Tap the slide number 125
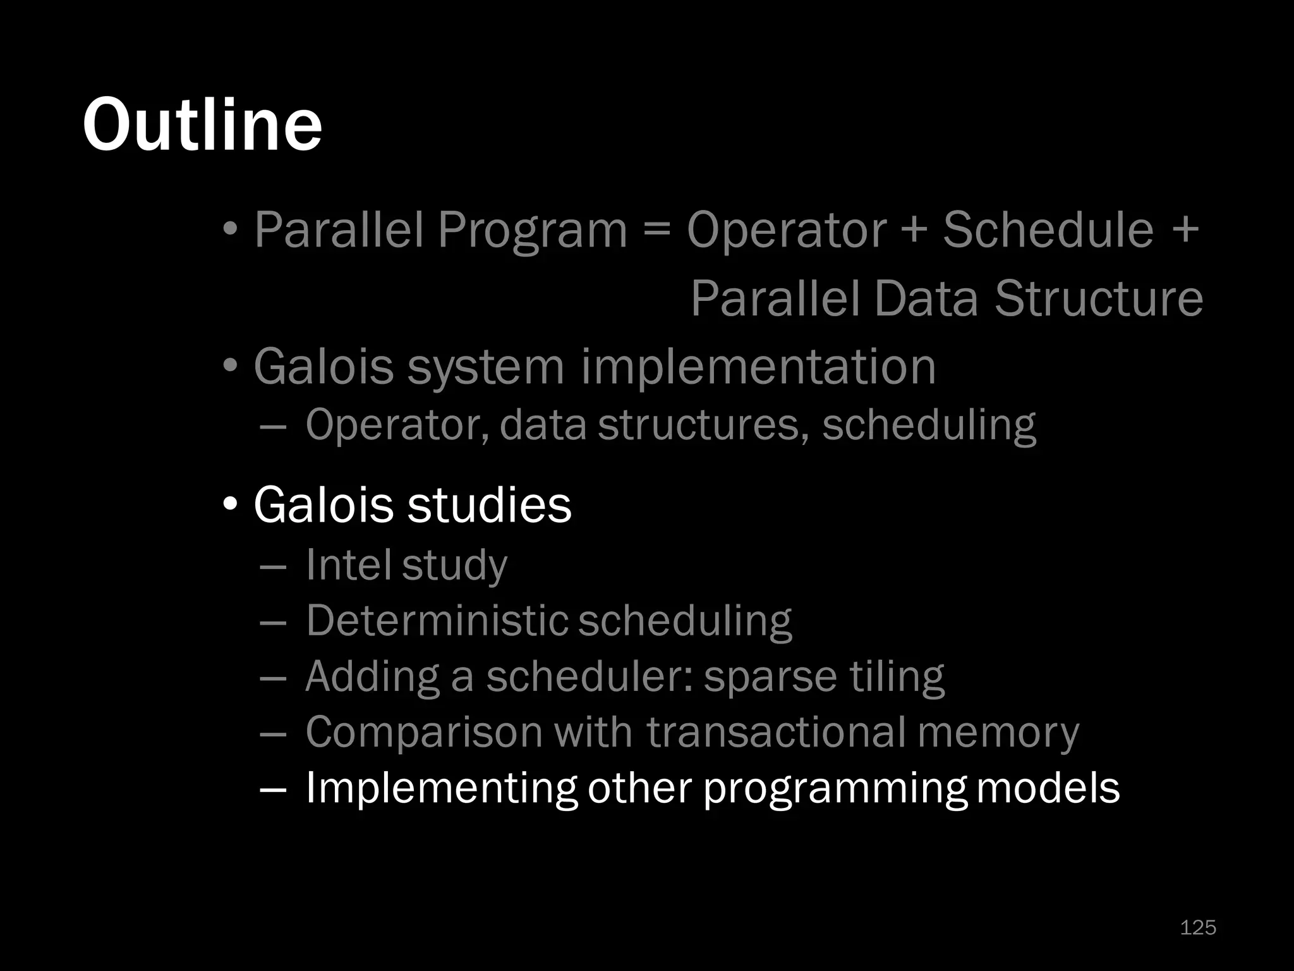click(x=1198, y=927)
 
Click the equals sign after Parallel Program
click(x=657, y=229)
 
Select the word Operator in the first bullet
click(x=787, y=229)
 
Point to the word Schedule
click(x=1048, y=229)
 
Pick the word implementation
click(x=758, y=367)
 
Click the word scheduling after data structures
click(x=929, y=424)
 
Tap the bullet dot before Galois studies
click(x=231, y=504)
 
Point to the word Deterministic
click(x=436, y=620)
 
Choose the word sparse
click(x=770, y=676)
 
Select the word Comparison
click(x=424, y=731)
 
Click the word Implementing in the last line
click(x=440, y=788)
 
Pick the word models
click(x=1048, y=788)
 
